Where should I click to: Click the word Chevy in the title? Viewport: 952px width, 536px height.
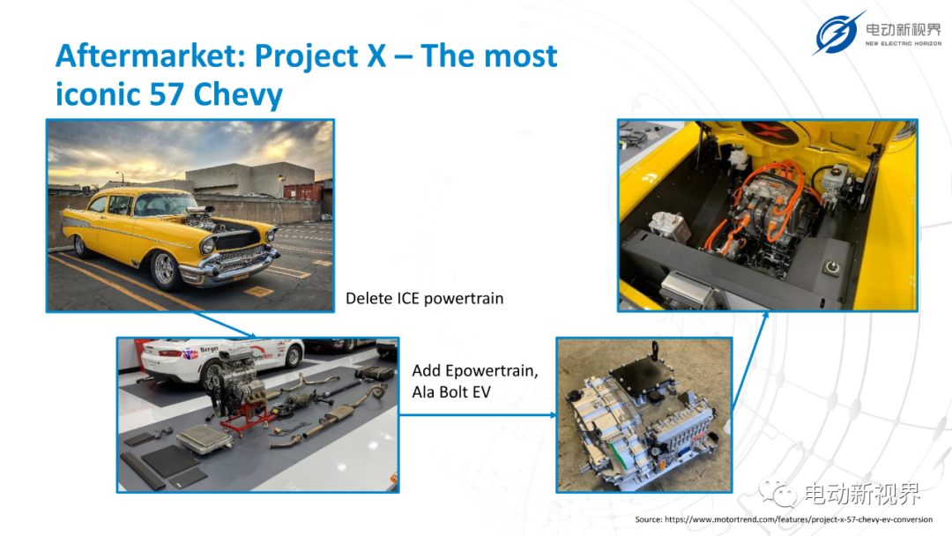(238, 95)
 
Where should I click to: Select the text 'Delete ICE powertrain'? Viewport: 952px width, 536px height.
(424, 298)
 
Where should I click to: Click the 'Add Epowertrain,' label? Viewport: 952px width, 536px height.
(475, 371)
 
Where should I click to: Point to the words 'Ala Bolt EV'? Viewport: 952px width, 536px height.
(451, 392)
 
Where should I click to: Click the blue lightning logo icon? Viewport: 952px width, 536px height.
(838, 33)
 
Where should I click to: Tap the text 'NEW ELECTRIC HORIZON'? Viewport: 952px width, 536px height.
(903, 44)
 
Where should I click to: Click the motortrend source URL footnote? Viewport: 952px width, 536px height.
(784, 519)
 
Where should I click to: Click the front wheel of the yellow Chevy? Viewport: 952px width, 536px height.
(164, 268)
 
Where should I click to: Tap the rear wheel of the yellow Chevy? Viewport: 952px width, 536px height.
(80, 243)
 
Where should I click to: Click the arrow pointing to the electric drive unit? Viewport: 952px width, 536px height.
(478, 415)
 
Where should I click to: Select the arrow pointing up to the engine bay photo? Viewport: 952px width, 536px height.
(750, 361)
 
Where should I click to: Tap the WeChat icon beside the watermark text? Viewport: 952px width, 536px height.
(777, 492)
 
